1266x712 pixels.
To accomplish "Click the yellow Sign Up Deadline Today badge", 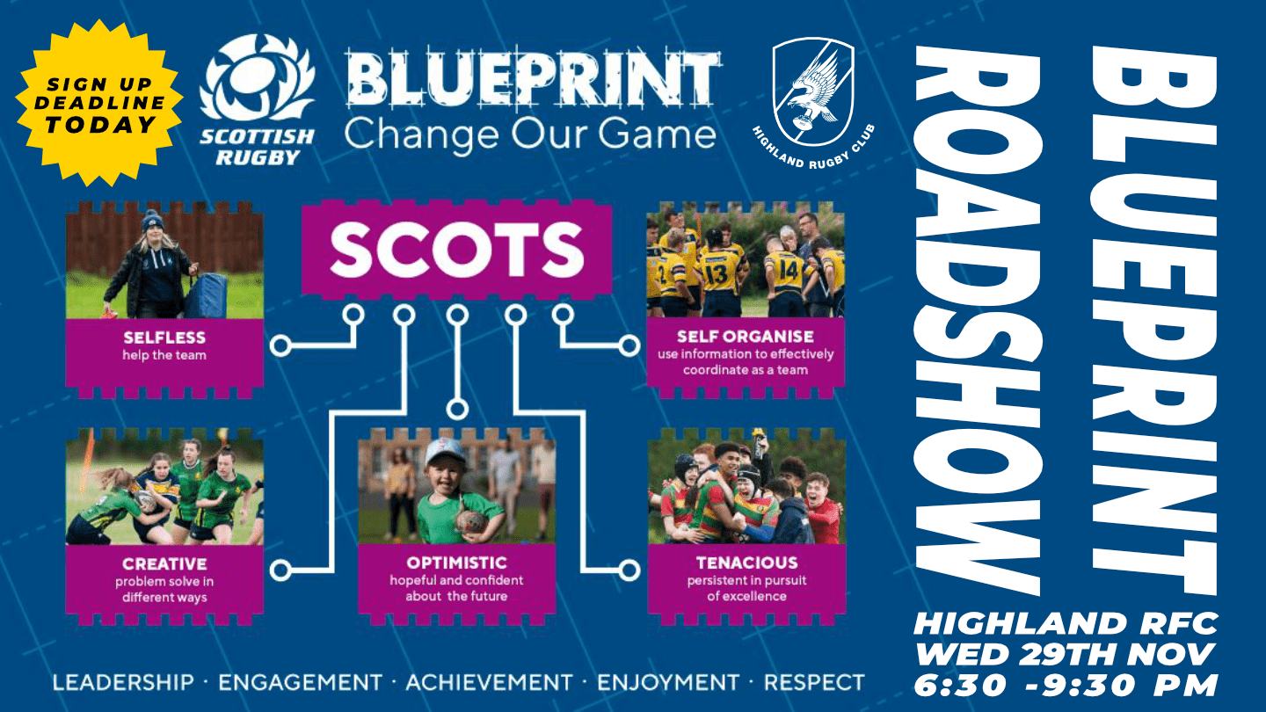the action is [99, 103].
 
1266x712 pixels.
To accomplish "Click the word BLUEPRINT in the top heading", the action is [533, 81].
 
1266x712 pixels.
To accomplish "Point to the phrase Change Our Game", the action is [530, 135].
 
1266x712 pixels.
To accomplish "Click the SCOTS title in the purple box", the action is [456, 249].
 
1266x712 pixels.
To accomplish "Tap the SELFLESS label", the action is [164, 338].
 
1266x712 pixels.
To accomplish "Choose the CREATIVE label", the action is [164, 563].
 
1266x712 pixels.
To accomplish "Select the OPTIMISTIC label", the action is [456, 563].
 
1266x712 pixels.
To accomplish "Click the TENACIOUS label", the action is [746, 563].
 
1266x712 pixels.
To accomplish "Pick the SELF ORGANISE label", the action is [746, 336].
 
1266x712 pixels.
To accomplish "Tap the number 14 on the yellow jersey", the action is [788, 271].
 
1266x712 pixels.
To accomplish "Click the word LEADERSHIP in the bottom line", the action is [123, 682].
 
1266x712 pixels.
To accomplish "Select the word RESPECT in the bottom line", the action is [814, 682].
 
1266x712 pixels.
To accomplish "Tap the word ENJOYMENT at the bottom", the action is [668, 682].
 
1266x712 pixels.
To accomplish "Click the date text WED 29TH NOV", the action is [1065, 654].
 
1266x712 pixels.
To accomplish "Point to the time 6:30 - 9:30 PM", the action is [1066, 686].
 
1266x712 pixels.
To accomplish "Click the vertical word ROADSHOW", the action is [978, 321].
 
